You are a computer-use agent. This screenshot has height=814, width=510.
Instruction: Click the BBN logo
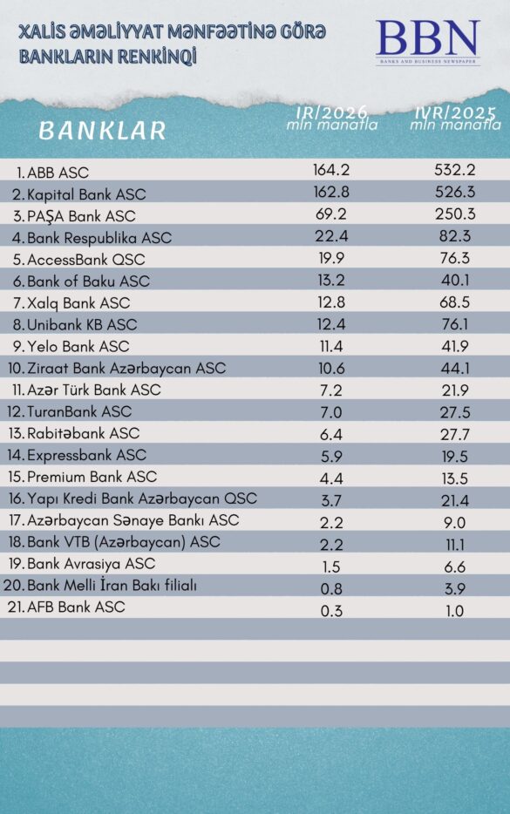tap(427, 42)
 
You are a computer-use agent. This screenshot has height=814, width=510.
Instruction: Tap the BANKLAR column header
tap(102, 131)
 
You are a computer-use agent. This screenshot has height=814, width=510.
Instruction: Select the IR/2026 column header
tap(332, 118)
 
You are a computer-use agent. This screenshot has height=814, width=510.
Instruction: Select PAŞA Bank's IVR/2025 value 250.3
tap(454, 214)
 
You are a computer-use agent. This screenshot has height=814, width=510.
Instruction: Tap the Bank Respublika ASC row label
tap(99, 237)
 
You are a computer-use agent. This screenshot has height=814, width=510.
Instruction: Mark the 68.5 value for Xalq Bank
tap(454, 302)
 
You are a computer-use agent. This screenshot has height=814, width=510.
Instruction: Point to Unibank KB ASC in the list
tap(82, 324)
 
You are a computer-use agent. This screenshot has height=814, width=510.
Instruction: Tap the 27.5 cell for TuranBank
tap(454, 411)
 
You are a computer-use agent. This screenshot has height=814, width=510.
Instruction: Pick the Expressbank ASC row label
tap(86, 455)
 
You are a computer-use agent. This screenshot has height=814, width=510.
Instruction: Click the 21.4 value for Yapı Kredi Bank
tap(454, 499)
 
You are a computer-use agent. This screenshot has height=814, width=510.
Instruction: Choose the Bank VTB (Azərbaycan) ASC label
tap(124, 542)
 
